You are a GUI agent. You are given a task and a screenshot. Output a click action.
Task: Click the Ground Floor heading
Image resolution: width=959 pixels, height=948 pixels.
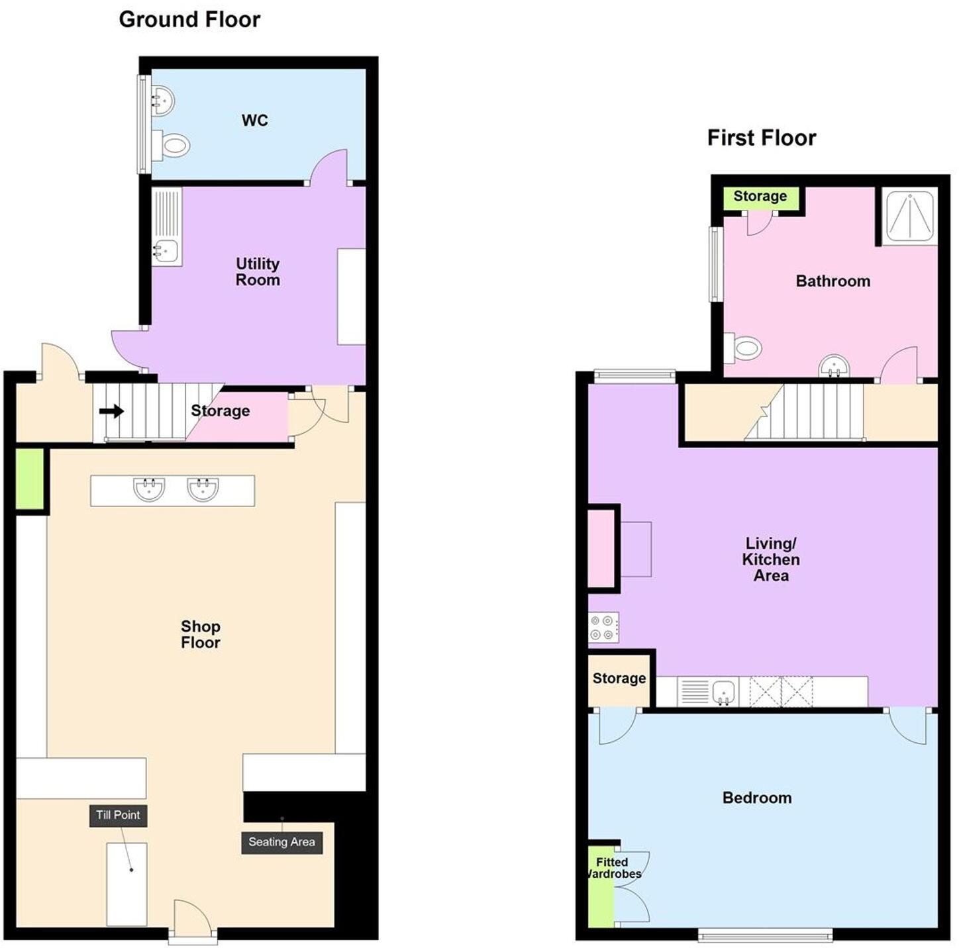(189, 20)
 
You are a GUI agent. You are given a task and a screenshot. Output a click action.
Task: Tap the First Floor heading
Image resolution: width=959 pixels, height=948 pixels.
(761, 138)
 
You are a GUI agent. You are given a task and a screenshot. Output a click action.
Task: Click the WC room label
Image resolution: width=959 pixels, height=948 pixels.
(255, 120)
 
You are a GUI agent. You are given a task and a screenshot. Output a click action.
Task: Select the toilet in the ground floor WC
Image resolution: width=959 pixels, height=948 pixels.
(172, 145)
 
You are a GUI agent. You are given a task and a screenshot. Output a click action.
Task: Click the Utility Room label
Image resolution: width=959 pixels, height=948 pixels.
(258, 272)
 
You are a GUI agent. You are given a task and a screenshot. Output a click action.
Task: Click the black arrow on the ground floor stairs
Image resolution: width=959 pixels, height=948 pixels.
(112, 411)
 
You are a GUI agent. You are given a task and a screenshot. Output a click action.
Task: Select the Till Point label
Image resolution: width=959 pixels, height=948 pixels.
(118, 815)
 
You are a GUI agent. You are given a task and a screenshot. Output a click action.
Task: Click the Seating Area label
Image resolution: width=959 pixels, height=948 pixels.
(281, 842)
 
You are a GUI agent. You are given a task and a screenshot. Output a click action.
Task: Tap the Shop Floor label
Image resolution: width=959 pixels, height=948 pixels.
(200, 634)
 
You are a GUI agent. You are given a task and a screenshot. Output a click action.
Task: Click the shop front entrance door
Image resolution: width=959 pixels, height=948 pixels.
(192, 920)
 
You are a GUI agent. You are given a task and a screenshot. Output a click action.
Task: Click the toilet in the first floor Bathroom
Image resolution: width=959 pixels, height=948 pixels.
(744, 348)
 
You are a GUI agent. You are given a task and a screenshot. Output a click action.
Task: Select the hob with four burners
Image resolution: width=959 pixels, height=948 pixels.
(603, 627)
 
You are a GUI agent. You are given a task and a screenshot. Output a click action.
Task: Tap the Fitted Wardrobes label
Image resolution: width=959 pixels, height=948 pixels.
(613, 868)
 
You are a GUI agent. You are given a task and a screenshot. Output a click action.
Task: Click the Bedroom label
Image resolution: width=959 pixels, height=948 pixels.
(756, 798)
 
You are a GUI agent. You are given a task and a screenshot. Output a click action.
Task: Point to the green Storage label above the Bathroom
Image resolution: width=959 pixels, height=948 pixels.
(760, 197)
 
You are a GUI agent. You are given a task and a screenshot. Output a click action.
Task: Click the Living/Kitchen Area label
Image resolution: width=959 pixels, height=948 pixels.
(770, 559)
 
